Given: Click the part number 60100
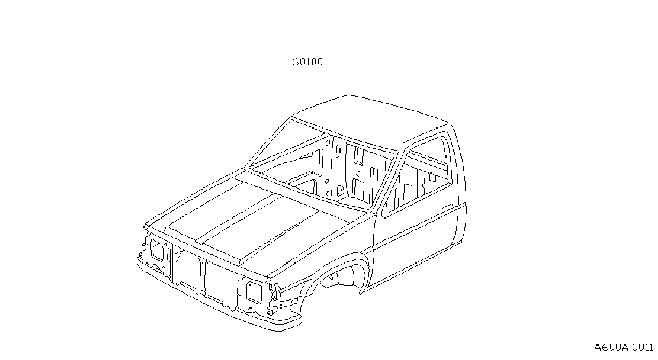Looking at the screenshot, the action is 307,62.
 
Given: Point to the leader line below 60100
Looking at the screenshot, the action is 307,89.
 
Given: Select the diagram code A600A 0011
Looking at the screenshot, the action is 624,348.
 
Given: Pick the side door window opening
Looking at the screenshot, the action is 417,176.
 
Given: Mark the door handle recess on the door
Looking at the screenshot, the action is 448,207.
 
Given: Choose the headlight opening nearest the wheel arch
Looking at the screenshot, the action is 254,292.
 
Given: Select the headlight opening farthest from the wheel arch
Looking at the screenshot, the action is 157,250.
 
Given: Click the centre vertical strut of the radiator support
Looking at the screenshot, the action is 203,277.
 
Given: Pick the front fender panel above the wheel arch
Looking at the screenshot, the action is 323,253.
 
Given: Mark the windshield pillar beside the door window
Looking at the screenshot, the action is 387,179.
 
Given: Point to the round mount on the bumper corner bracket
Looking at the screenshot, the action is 269,312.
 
